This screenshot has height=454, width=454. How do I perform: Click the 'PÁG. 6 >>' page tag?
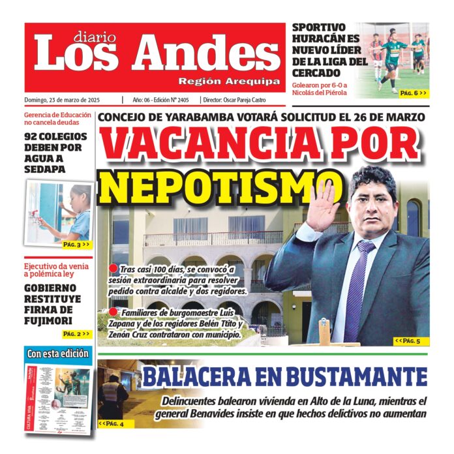pyautogui.click(x=414, y=93)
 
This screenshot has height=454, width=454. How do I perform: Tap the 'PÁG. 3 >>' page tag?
pyautogui.click(x=76, y=245)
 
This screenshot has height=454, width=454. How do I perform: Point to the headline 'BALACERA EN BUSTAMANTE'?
pyautogui.click(x=284, y=377)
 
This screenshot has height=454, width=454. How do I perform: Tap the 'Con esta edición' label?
pyautogui.click(x=57, y=354)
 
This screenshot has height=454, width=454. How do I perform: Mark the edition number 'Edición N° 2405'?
pyautogui.click(x=171, y=100)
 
